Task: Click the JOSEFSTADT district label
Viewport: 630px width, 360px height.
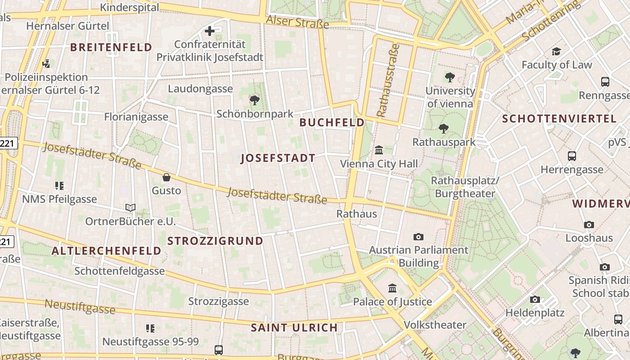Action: [278, 158]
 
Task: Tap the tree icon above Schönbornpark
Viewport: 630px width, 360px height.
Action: [255, 100]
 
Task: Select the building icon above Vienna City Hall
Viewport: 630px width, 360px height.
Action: [379, 150]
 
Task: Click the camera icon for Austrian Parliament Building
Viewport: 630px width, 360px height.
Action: [418, 237]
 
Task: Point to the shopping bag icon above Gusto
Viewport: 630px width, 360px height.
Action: [166, 177]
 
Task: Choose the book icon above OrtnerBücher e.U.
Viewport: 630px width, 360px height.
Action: [130, 207]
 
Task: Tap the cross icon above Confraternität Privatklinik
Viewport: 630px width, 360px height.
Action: [210, 31]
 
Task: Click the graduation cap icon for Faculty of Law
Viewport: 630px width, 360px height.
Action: [557, 51]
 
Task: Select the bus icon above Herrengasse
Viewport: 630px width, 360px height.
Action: [572, 156]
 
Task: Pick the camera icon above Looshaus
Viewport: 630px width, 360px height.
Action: [589, 225]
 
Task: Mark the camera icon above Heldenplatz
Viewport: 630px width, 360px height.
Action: [535, 299]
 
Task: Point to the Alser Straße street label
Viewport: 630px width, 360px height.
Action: [297, 22]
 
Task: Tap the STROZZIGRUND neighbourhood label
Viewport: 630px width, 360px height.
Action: [215, 241]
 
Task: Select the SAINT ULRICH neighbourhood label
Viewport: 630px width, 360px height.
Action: [294, 328]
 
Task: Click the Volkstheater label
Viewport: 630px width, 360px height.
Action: [435, 325]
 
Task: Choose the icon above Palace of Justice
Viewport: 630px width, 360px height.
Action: [392, 288]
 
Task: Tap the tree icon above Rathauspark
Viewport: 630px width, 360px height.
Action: [444, 129]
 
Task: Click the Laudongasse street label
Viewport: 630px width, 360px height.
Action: [200, 89]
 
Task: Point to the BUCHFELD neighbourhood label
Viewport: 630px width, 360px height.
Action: [332, 122]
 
